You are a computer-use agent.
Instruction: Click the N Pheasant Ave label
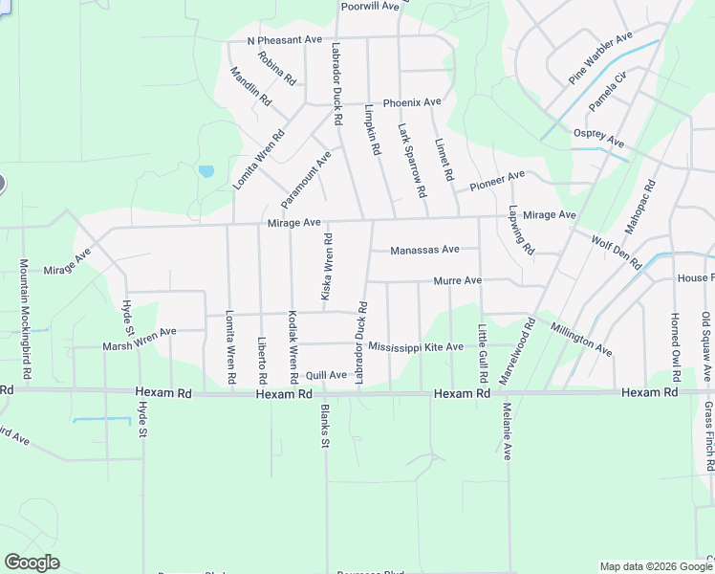pyautogui.click(x=285, y=40)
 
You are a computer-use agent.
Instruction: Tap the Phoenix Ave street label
pyautogui.click(x=412, y=102)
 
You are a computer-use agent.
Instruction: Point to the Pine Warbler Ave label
pyautogui.click(x=601, y=56)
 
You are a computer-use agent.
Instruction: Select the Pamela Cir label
pyautogui.click(x=607, y=89)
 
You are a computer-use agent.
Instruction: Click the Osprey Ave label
pyautogui.click(x=598, y=139)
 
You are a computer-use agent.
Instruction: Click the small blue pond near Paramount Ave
pyautogui.click(x=206, y=172)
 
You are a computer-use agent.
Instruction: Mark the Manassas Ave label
pyautogui.click(x=425, y=250)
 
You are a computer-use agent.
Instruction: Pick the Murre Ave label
pyautogui.click(x=458, y=281)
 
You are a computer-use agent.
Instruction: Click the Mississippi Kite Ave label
pyautogui.click(x=416, y=346)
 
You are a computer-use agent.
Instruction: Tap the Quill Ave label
pyautogui.click(x=326, y=375)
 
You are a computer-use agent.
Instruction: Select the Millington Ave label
pyautogui.click(x=581, y=340)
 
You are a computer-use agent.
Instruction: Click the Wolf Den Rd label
pyautogui.click(x=616, y=252)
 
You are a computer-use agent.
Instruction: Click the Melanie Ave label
pyautogui.click(x=507, y=430)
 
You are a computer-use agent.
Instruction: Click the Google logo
pyautogui.click(x=32, y=563)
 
